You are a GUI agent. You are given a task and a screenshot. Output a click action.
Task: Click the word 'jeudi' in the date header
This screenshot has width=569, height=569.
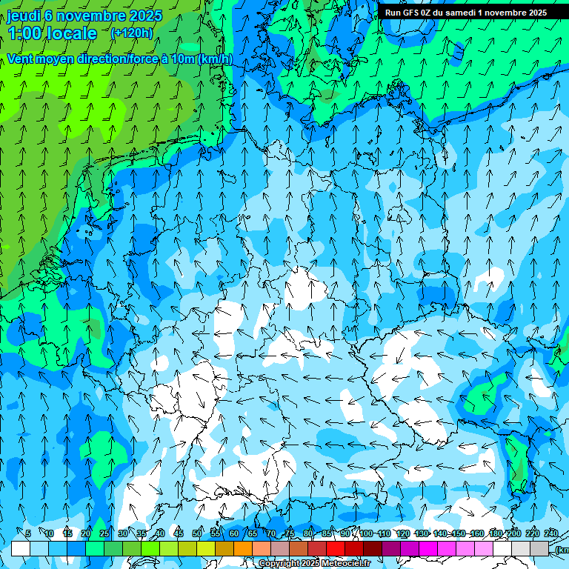(24, 16)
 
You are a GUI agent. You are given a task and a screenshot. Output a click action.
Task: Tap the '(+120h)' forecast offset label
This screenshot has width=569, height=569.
(132, 33)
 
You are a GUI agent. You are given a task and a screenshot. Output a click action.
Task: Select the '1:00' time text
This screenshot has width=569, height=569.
(24, 33)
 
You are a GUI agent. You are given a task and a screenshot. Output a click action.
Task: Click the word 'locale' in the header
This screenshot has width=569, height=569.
(73, 33)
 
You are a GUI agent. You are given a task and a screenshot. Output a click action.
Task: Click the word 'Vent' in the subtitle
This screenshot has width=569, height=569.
(20, 59)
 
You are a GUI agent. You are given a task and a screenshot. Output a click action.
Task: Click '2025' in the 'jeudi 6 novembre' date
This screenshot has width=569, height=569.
(145, 16)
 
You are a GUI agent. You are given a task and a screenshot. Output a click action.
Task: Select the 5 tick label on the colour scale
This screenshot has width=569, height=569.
(27, 533)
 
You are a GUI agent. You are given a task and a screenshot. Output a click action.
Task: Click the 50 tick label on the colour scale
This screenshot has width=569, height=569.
(197, 533)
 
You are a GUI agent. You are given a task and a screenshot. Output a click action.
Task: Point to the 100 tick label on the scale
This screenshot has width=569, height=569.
(366, 533)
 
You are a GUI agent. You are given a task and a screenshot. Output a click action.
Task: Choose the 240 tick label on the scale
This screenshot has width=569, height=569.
(551, 533)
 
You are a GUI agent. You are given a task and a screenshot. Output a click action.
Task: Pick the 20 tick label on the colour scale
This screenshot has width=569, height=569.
(85, 533)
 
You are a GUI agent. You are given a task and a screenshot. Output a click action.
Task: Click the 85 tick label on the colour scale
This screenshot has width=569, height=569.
(327, 533)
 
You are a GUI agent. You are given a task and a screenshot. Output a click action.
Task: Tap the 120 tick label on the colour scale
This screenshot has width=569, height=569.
(403, 533)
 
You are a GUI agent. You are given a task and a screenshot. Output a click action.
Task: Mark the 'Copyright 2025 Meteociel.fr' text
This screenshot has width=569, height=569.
(314, 564)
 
